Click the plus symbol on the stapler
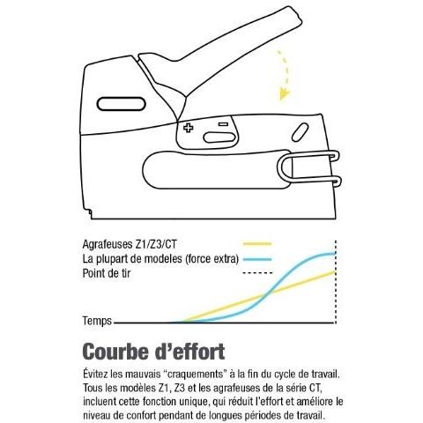pos(189,128)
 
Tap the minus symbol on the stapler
pos(224,124)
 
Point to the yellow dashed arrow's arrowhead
pos(284,94)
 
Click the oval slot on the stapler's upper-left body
pos(122,104)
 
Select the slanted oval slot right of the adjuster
pos(300,132)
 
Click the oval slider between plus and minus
pos(219,137)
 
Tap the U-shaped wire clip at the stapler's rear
pos(308,169)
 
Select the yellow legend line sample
pos(257,244)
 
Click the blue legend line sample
pos(257,259)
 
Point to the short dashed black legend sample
pos(257,273)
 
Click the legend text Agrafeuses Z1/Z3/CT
pos(130,244)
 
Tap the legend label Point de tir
pos(107,273)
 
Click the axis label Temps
pos(97,321)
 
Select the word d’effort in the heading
pos(189,352)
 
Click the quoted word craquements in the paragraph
pos(195,375)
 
